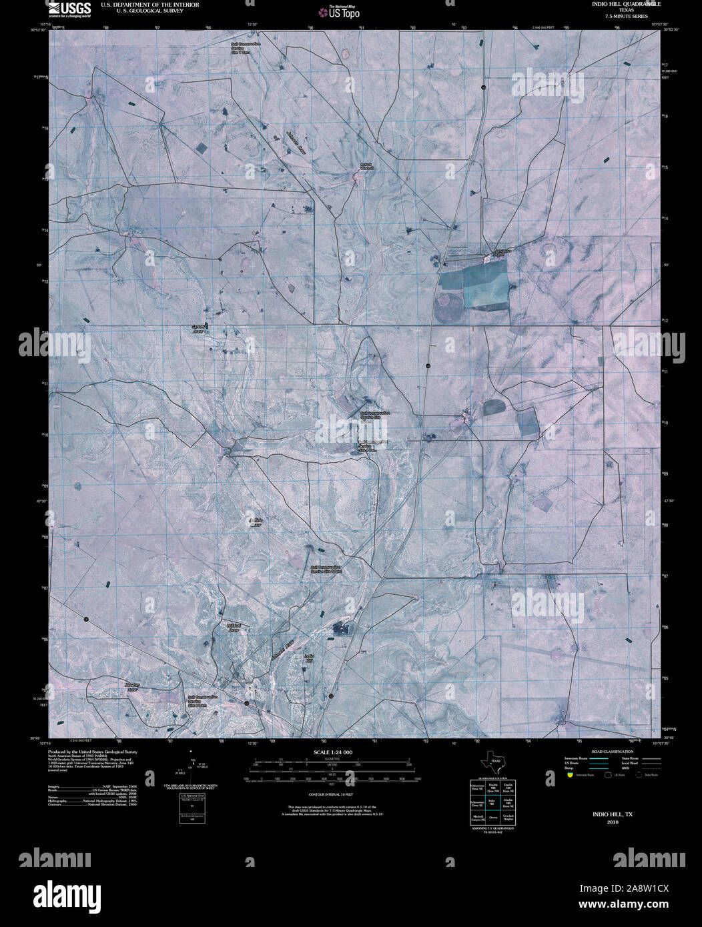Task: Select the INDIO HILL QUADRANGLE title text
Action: coord(618,4)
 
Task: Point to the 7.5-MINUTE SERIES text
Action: coord(618,16)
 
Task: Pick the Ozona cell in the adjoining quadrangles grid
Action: coord(492,817)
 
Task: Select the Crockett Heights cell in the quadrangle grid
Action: coord(508,817)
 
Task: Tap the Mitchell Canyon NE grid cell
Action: coord(477,817)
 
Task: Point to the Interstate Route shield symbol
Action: coord(569,776)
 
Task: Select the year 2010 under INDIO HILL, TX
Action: coord(613,822)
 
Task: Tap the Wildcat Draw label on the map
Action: coord(234,628)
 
